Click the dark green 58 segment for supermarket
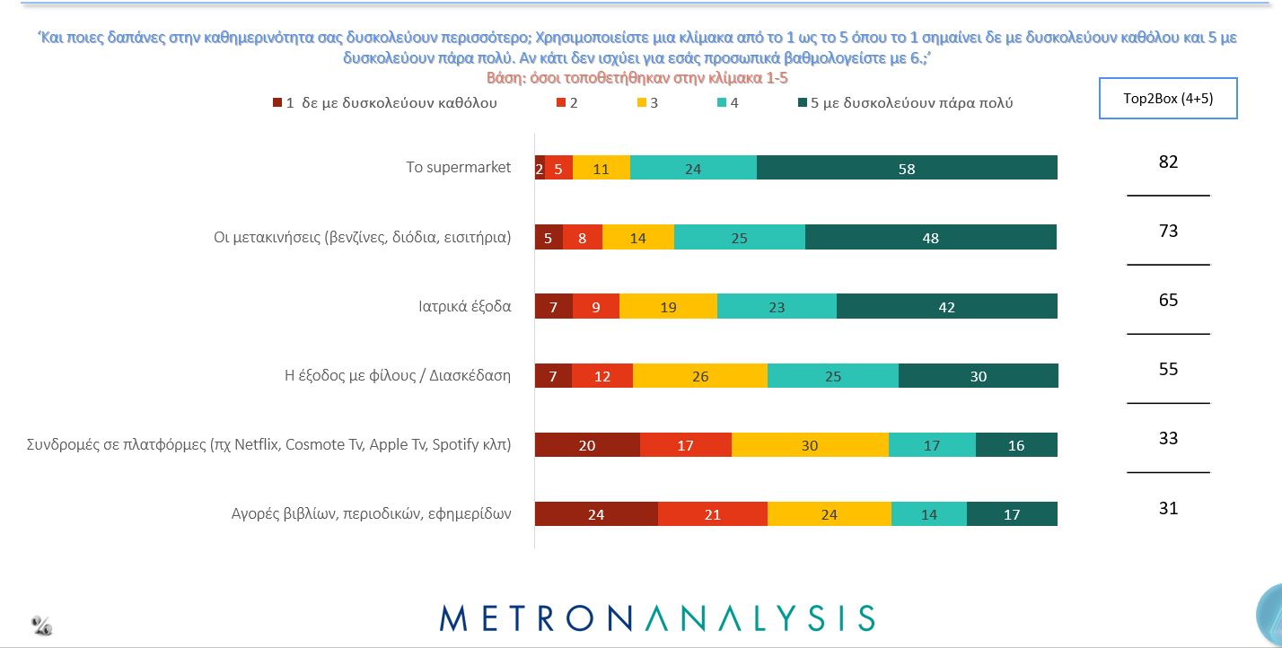(907, 168)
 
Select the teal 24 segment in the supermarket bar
(693, 168)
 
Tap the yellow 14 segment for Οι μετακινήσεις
(637, 237)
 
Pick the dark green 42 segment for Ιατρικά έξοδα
(946, 306)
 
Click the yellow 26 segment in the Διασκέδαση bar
(700, 375)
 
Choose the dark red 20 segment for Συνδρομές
(587, 444)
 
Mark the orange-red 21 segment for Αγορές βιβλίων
(713, 513)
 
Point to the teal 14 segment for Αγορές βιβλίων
(929, 513)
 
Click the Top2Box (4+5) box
(1168, 99)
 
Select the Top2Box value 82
(1168, 162)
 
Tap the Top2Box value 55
(1168, 369)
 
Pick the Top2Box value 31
(1168, 508)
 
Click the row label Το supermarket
(459, 167)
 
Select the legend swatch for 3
(642, 102)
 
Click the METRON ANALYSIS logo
(657, 617)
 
